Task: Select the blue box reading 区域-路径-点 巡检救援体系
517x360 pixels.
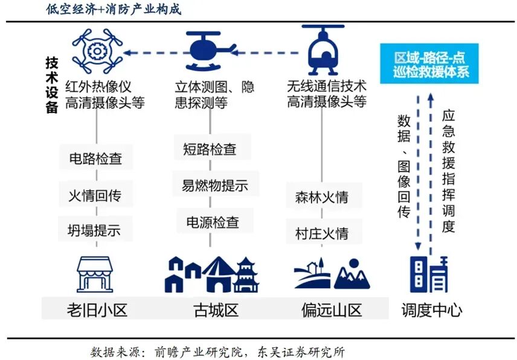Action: click(429, 64)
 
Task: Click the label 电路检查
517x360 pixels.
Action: click(95, 159)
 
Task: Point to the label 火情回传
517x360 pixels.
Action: click(95, 194)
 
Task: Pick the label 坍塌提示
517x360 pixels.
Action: click(95, 230)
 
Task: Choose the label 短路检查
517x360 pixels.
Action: click(210, 149)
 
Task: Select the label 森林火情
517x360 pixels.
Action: click(321, 198)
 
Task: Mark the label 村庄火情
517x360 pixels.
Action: click(321, 233)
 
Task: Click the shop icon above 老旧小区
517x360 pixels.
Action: click(96, 275)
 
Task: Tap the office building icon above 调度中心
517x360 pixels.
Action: click(429, 275)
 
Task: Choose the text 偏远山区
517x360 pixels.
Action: click(332, 310)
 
